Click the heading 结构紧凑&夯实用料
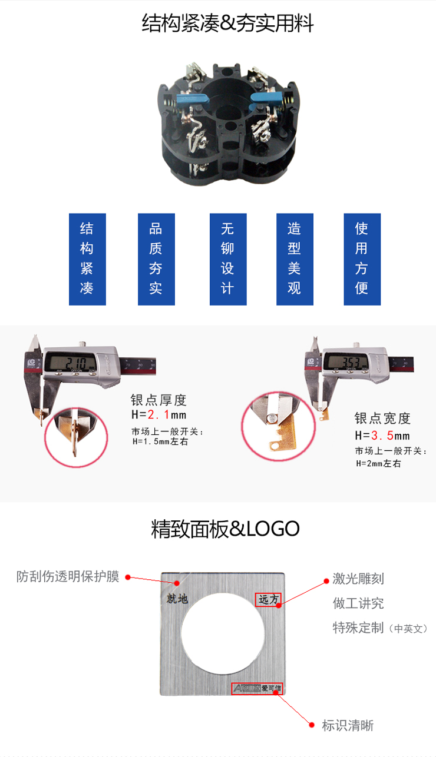(x=227, y=24)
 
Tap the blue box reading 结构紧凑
(x=87, y=259)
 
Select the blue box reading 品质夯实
(x=156, y=259)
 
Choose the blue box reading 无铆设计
(x=227, y=259)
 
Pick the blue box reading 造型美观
(x=295, y=259)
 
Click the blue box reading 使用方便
(x=362, y=259)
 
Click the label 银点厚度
(x=158, y=400)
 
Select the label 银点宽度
(x=382, y=419)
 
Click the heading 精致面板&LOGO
(x=226, y=529)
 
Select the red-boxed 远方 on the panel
(x=269, y=599)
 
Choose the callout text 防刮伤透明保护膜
(x=68, y=576)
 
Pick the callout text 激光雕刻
(x=358, y=579)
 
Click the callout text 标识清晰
(x=348, y=726)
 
